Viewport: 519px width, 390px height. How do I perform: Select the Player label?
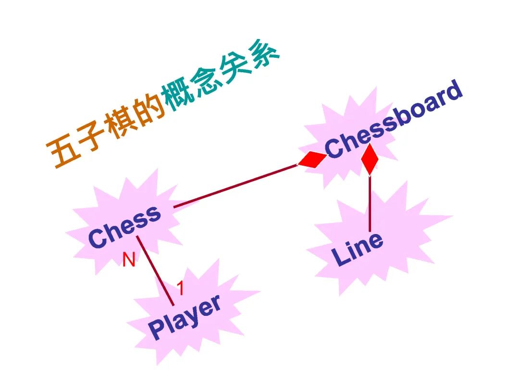[x=185, y=316]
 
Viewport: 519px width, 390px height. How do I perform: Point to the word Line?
[x=358, y=248]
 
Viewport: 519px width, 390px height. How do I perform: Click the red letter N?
[x=129, y=260]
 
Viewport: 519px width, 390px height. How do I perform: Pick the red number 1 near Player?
[x=180, y=288]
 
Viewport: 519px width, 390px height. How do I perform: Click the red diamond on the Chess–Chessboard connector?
[x=312, y=159]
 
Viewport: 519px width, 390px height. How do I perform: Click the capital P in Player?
[x=157, y=329]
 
